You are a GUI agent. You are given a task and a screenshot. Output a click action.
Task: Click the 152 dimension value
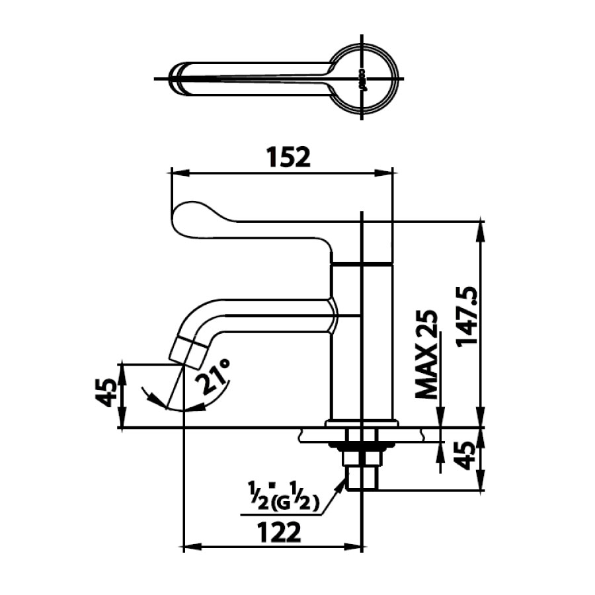[288, 157]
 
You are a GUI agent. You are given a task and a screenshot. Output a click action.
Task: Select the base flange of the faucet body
[362, 422]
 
